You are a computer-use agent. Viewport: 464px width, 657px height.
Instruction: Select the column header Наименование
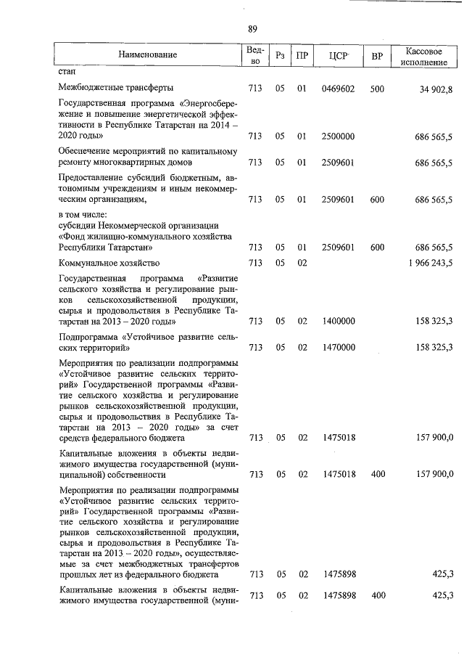point(148,55)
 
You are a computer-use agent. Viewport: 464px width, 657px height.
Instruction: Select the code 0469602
point(339,89)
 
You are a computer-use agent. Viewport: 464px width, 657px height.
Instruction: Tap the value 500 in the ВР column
point(377,89)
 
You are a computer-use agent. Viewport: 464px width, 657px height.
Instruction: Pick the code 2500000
point(339,136)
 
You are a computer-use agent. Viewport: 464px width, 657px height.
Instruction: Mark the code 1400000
point(339,320)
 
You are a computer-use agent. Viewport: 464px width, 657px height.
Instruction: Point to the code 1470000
point(339,348)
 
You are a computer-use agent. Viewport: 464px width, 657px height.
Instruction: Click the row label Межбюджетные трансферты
point(115,89)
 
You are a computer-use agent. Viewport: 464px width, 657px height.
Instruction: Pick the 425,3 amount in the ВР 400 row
point(442,595)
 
